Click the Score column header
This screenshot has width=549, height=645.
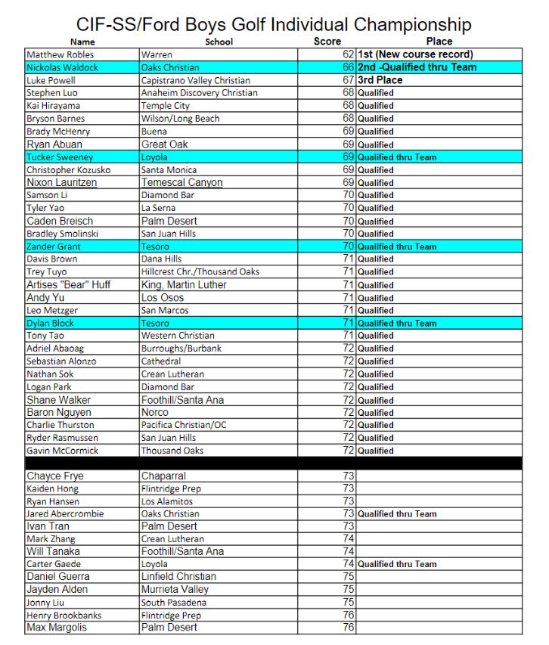(x=327, y=42)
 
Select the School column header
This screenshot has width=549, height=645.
(x=219, y=42)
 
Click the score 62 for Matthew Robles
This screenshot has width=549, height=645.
(x=348, y=54)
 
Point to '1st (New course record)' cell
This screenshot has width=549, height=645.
(x=415, y=54)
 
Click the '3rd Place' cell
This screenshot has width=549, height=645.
(x=380, y=80)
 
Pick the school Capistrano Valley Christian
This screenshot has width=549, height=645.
(x=195, y=80)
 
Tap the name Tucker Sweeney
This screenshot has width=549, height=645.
(x=60, y=157)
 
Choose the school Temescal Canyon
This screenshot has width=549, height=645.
(x=181, y=182)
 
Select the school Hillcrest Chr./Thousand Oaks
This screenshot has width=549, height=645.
(x=200, y=271)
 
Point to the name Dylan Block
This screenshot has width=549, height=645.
(x=50, y=323)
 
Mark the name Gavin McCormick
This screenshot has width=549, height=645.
(x=62, y=451)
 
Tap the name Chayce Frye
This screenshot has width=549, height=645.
(x=55, y=476)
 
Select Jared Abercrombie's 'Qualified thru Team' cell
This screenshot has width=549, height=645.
(x=397, y=514)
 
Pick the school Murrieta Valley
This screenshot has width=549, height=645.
(x=175, y=589)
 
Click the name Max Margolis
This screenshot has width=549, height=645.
(x=57, y=628)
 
